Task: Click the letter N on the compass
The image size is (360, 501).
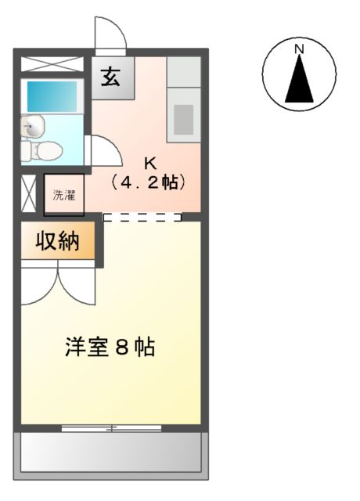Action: point(299,49)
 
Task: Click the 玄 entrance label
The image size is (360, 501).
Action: point(110,77)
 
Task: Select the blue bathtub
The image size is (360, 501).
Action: point(52,96)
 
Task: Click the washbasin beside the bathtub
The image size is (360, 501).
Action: point(32,124)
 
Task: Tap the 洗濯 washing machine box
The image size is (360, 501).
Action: point(64,196)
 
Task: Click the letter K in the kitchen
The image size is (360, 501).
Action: point(149,164)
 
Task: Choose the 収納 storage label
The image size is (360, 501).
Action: point(57,243)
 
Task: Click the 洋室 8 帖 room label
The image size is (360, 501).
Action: point(109,347)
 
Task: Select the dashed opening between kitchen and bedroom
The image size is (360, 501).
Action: point(142,218)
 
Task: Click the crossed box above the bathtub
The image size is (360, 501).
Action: point(52,65)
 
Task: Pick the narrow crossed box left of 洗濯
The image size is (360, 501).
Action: point(28,195)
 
